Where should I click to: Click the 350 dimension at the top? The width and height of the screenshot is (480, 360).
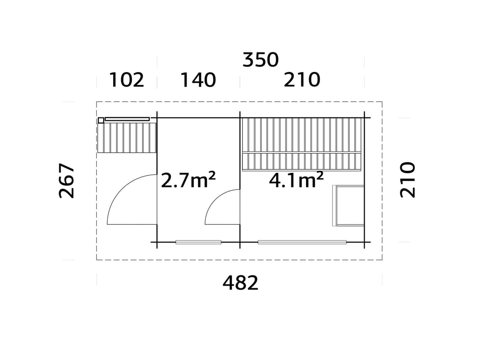click(261, 60)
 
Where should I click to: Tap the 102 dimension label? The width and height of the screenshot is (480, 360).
click(127, 80)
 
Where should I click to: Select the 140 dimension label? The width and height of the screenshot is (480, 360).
click(198, 80)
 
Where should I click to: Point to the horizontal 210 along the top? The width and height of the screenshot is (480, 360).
click(302, 80)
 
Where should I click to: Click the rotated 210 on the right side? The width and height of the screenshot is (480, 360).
click(408, 180)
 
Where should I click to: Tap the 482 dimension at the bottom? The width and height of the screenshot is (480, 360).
click(240, 283)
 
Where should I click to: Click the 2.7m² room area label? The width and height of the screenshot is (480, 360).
click(188, 181)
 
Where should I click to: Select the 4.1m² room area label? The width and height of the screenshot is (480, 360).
click(296, 180)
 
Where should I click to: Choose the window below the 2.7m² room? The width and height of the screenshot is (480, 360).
click(198, 242)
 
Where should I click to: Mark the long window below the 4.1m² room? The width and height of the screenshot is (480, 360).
click(302, 242)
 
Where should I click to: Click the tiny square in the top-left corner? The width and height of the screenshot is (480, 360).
click(101, 120)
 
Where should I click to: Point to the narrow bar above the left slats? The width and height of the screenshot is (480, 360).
click(127, 119)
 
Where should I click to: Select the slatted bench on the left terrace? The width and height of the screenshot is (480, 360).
click(127, 137)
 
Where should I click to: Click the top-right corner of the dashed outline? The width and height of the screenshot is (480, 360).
click(382, 102)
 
